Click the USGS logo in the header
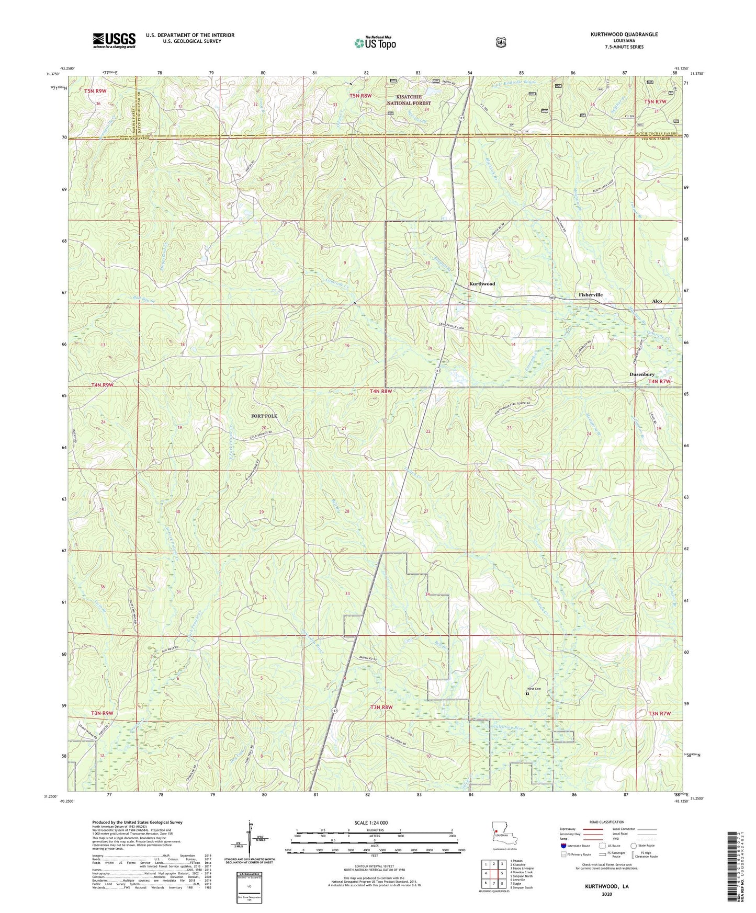pyautogui.click(x=114, y=40)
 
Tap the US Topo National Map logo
pyautogui.click(x=374, y=42)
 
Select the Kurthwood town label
pyautogui.click(x=481, y=284)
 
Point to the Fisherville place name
pyautogui.click(x=590, y=295)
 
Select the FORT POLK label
pyautogui.click(x=264, y=416)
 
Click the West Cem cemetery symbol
pyautogui.click(x=527, y=694)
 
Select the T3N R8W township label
pyautogui.click(x=381, y=707)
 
